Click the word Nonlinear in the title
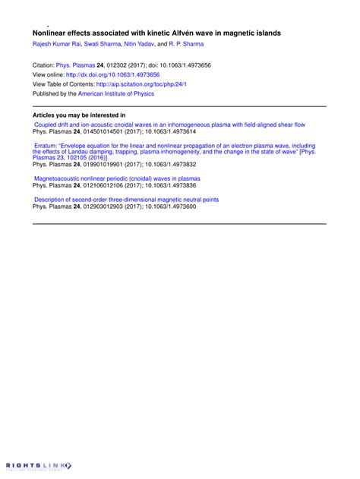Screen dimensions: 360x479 tap(49, 33)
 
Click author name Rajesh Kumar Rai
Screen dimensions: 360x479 tap(55, 44)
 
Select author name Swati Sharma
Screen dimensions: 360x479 tap(103, 44)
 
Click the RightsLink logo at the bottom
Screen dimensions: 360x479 tap(38, 465)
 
